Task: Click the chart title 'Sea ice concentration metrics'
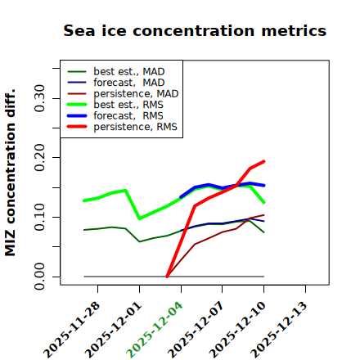[x=195, y=30]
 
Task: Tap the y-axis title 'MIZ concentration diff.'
[x=10, y=173]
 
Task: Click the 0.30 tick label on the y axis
[x=40, y=98]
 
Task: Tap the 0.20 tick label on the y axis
[x=40, y=157]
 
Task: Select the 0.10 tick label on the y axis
[x=40, y=217]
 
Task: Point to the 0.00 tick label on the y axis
[x=40, y=277]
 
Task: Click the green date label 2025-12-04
[x=155, y=330]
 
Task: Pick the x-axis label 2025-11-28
[x=71, y=330]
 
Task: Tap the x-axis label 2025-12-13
[x=279, y=330]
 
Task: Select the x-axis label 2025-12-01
[x=113, y=330]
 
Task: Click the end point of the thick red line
[x=263, y=161]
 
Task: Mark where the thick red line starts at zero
[x=167, y=277]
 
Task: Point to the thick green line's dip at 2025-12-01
[x=139, y=218]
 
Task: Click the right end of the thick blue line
[x=263, y=186]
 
